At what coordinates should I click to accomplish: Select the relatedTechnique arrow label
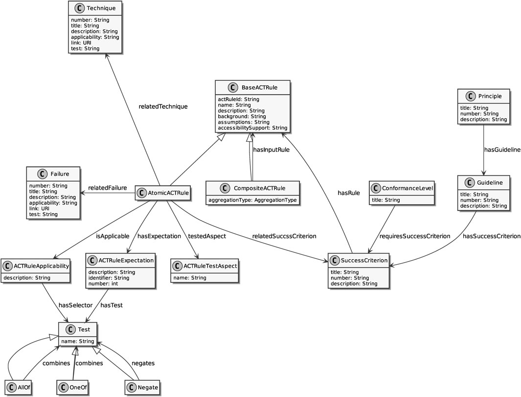163,106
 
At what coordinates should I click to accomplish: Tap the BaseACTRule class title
259,88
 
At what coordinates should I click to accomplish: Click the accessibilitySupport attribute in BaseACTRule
252,128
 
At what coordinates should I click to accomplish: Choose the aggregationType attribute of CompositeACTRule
252,200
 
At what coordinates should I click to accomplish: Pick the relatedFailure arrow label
108,187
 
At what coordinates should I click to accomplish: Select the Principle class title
489,97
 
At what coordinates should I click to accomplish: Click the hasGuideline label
502,149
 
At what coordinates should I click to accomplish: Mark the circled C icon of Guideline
467,183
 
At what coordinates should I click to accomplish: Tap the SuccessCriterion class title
364,260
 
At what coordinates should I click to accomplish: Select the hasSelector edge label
76,305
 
